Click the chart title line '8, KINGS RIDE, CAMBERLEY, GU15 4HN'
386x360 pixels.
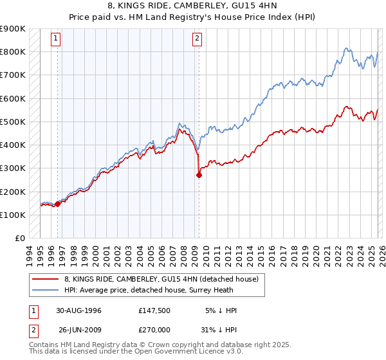193,5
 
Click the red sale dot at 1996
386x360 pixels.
58,204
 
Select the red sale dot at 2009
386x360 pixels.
199,175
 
